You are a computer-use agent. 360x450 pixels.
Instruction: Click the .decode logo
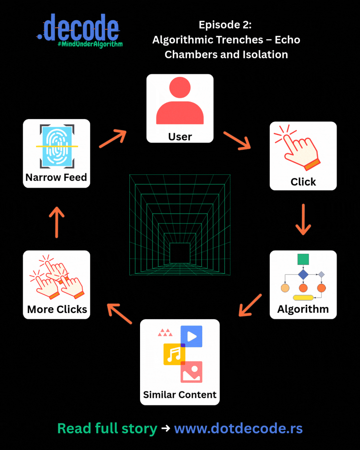[78, 28]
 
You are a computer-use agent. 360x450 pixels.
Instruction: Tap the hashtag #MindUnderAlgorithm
[90, 44]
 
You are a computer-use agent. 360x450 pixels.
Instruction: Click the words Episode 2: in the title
[225, 24]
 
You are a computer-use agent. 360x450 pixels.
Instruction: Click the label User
[180, 137]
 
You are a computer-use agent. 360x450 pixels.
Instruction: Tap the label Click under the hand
[303, 181]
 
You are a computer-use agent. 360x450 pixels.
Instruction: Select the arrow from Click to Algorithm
[303, 219]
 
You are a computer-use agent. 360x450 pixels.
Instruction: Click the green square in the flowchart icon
[303, 259]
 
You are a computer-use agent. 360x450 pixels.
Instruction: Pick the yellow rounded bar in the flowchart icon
[304, 297]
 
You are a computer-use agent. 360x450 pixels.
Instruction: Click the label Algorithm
[303, 309]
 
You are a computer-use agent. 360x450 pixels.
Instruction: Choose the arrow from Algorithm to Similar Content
[250, 305]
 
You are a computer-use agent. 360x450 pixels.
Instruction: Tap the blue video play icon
[192, 336]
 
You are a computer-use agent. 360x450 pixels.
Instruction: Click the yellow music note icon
[174, 354]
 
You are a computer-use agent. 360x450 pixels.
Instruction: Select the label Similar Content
[180, 394]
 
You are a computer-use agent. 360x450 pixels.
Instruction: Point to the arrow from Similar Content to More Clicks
[120, 313]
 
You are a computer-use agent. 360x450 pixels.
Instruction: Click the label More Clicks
[57, 309]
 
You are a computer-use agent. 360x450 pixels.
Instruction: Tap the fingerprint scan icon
[56, 146]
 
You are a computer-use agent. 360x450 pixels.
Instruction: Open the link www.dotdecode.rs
[238, 429]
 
